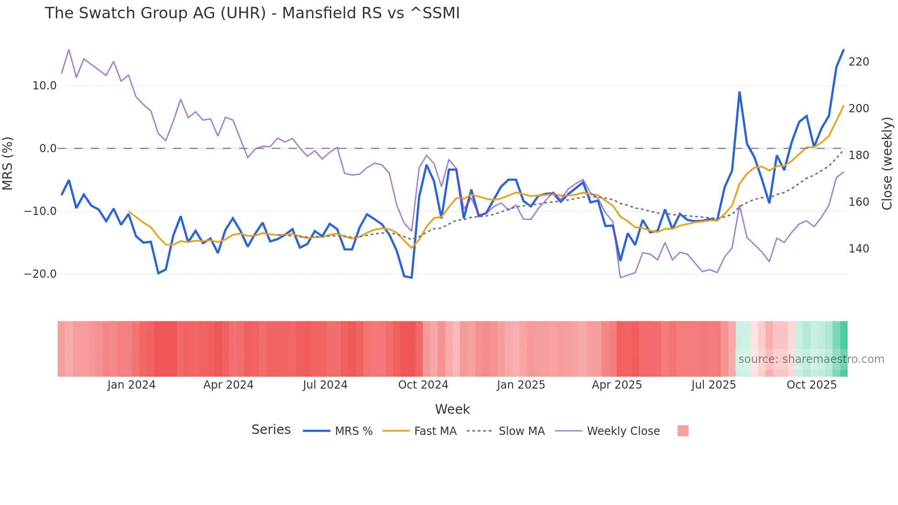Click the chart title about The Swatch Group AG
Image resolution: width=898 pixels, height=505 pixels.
[x=252, y=13]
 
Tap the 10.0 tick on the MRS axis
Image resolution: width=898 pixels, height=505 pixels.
[x=44, y=86]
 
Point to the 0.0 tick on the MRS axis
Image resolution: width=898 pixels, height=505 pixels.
[x=48, y=148]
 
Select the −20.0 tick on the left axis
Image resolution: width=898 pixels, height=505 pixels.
[x=40, y=274]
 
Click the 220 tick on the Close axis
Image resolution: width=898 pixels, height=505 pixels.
[x=859, y=62]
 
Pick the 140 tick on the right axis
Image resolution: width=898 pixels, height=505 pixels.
[x=859, y=249]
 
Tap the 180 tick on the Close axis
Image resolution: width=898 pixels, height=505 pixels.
[x=859, y=155]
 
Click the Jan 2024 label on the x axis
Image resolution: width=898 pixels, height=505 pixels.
[x=131, y=385]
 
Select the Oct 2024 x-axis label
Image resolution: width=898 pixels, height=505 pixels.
[x=423, y=385]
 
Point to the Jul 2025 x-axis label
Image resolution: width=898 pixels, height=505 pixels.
[x=713, y=385]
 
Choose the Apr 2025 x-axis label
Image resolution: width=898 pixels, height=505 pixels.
[x=617, y=385]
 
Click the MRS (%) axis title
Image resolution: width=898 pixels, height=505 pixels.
[x=7, y=164]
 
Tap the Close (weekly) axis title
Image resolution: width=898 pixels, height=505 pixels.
[x=887, y=164]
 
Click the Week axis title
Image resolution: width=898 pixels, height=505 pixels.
[x=452, y=409]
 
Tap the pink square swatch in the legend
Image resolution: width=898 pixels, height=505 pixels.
[x=683, y=431]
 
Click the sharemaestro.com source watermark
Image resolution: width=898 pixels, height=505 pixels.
[x=811, y=359]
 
